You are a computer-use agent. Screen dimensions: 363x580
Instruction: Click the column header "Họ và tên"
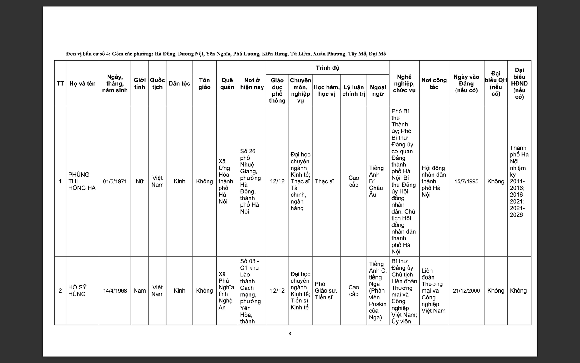tap(82, 83)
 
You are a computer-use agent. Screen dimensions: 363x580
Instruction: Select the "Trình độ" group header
tap(327, 68)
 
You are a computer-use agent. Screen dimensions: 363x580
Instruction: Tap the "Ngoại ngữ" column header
tap(378, 90)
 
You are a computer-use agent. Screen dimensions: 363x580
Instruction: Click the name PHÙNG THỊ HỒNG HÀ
tap(82, 181)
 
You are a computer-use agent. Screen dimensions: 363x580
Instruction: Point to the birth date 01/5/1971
tap(115, 181)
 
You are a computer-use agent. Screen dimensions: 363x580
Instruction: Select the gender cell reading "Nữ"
tap(140, 181)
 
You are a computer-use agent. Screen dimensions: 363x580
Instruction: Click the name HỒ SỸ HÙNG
tap(77, 290)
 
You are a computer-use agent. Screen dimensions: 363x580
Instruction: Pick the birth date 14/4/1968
tap(115, 290)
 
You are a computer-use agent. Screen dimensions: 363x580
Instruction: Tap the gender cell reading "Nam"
tap(140, 290)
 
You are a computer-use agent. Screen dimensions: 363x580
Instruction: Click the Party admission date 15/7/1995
tap(466, 181)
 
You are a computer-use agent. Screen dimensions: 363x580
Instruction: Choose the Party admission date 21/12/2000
tap(466, 290)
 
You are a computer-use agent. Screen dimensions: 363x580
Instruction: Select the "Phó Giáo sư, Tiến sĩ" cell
tap(326, 290)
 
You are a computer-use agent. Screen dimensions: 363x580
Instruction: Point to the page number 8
tap(290, 333)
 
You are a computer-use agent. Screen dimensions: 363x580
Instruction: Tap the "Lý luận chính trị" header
tap(354, 90)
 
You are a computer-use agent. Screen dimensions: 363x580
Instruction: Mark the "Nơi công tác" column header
tap(434, 83)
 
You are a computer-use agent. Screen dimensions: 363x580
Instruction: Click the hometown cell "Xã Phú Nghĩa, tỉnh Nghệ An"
tap(227, 290)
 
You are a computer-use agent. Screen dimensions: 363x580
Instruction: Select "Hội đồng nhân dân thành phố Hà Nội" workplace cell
tap(433, 181)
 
